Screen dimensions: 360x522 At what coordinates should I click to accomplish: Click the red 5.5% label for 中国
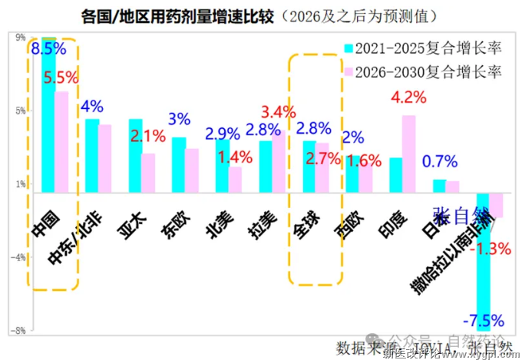tap(61, 78)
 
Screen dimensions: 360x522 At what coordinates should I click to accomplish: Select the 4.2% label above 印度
tap(408, 98)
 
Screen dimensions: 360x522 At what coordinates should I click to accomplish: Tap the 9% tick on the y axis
tap(20, 36)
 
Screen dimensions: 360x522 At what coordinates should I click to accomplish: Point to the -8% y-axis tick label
tap(19, 331)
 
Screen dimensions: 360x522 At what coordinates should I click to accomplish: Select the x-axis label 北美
tap(216, 223)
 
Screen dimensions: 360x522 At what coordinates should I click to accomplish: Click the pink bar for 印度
tap(409, 154)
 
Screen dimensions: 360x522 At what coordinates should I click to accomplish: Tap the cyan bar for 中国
tap(48, 115)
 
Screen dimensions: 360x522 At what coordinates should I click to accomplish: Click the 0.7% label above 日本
tap(440, 162)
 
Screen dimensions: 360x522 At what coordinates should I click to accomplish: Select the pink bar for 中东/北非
tap(105, 158)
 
